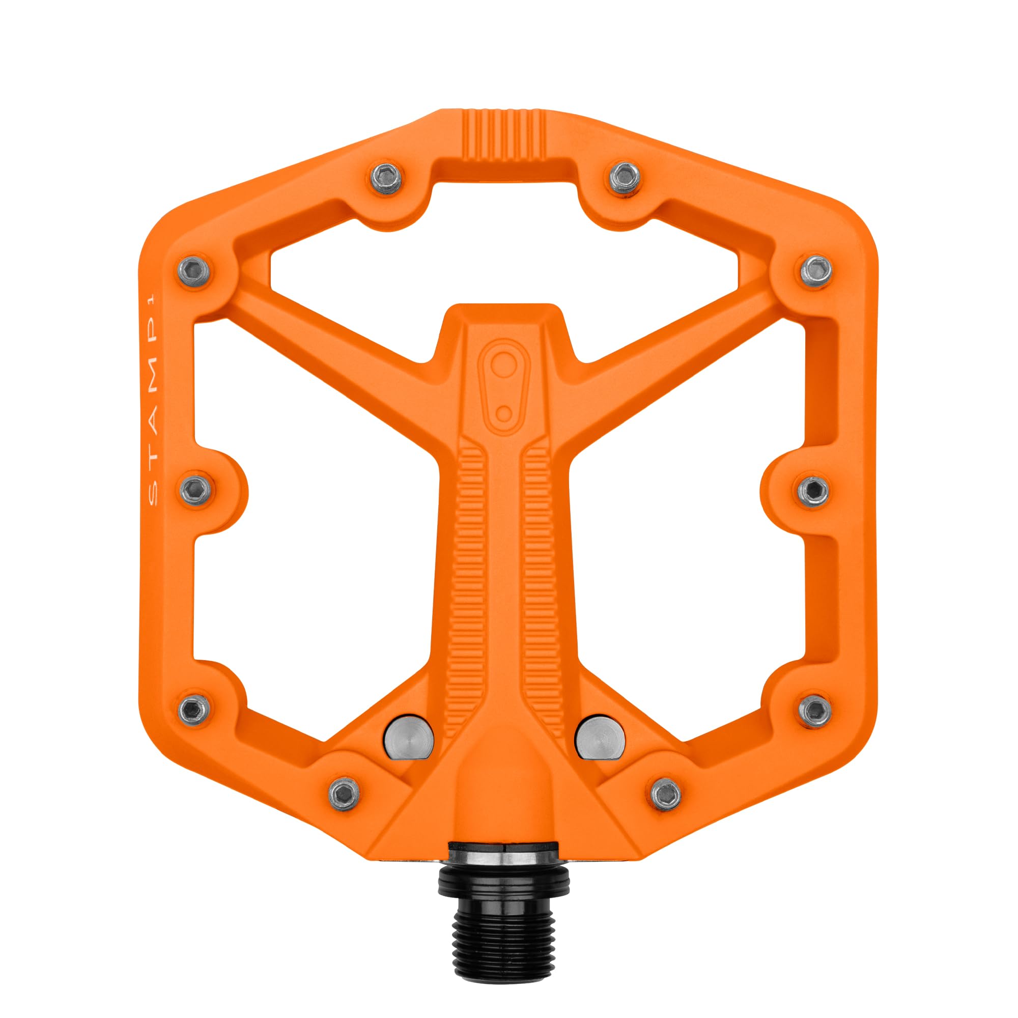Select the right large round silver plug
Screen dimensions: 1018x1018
[x=600, y=737]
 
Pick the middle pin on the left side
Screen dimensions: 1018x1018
[x=195, y=490]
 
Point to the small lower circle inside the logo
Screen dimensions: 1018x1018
[x=504, y=413]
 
